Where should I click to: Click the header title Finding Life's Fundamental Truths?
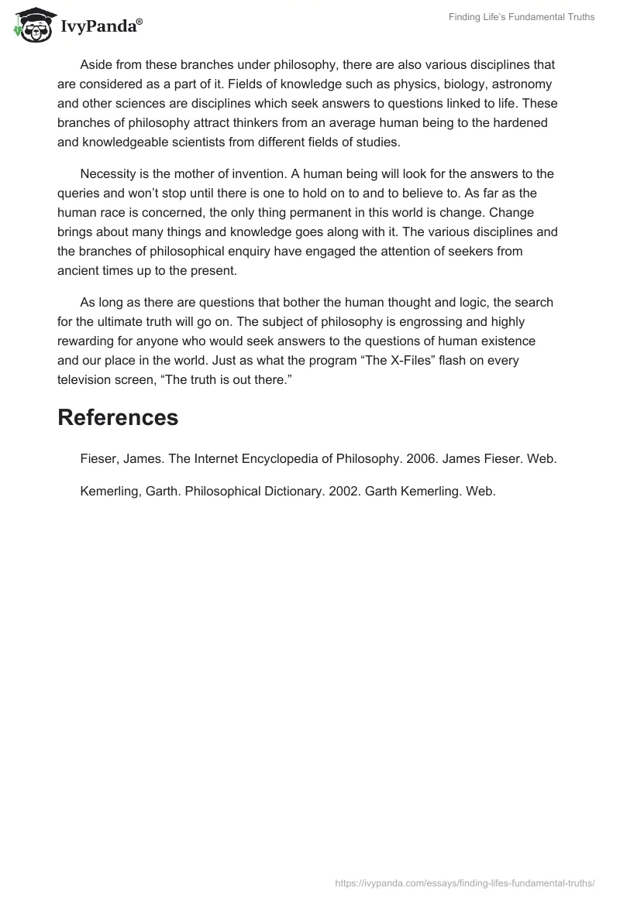click(x=522, y=17)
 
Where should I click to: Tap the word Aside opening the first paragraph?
click(x=97, y=64)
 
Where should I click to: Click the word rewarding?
click(x=87, y=341)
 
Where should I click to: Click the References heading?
click(x=118, y=417)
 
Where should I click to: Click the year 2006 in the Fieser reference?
click(x=416, y=459)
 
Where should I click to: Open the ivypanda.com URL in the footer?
click(x=465, y=882)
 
